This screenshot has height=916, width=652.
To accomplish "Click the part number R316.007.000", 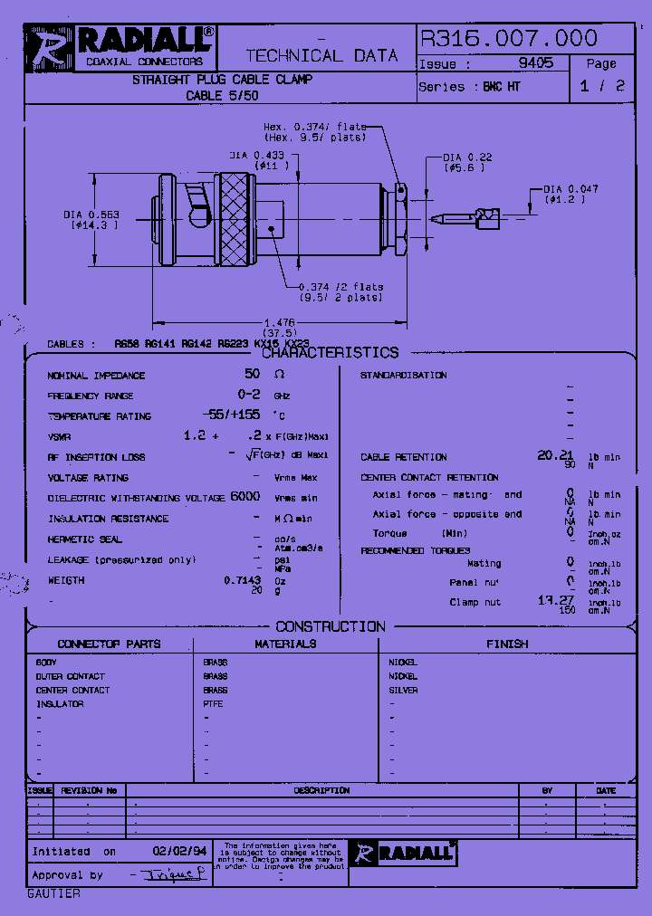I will pos(508,38).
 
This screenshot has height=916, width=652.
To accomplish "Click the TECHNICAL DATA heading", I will pos(321,55).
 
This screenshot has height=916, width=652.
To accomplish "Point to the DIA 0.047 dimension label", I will pos(570,189).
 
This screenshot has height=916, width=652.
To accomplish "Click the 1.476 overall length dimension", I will pos(279,321).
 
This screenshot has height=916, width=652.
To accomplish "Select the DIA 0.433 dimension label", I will pos(270,156).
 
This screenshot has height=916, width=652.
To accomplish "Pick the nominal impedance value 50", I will pos(252,374).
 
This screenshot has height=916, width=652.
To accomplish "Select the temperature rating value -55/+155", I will pos(235,415).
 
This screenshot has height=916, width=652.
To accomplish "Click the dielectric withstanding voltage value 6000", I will pos(245,496).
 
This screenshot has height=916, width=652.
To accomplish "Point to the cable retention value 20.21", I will pos(555,455).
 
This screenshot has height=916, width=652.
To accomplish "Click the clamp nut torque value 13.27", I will pos(557,599).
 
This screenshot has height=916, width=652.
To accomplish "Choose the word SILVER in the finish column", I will pos(403,690).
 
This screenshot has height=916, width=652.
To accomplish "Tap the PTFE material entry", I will pos(213,703).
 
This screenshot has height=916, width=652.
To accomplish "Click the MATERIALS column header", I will pos(285,644).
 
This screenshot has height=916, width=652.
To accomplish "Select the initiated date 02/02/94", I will pos(179,852).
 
